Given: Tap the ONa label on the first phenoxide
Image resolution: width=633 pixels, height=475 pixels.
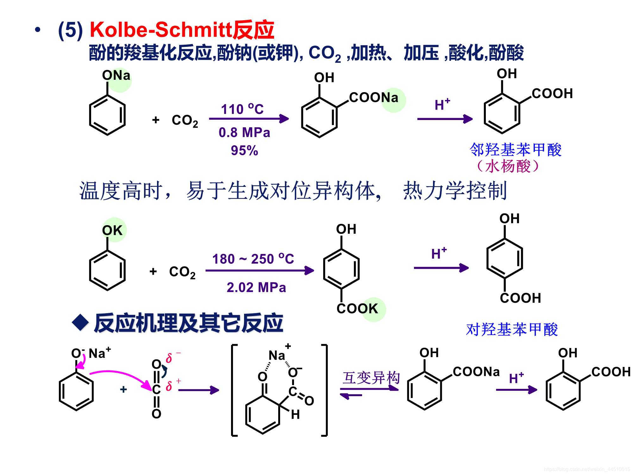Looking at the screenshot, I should [116, 76].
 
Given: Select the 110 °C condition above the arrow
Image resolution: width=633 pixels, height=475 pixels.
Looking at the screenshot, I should [242, 109].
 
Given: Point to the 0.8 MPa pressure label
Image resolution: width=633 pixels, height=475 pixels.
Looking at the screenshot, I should [244, 133].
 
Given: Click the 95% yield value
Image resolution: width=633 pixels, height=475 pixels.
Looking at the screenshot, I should [244, 150].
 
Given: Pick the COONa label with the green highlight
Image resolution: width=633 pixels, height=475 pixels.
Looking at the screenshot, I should [373, 98].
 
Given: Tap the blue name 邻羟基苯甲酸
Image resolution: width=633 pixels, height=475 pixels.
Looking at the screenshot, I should [516, 150].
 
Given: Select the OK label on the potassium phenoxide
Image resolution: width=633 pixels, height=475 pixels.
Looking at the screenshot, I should [112, 231].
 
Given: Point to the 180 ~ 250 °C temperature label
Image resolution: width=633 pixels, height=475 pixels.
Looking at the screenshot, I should [253, 259].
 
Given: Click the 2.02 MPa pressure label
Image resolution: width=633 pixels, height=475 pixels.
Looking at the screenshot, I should [256, 288].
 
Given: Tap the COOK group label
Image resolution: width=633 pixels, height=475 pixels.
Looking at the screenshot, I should [357, 308].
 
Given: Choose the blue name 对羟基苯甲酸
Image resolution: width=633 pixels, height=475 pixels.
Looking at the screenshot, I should [512, 330].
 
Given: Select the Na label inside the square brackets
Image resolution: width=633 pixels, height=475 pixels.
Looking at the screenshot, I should [277, 356].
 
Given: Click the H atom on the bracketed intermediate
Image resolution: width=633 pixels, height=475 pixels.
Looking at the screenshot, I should [295, 415].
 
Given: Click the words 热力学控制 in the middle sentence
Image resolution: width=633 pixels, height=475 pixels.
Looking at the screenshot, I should [455, 191].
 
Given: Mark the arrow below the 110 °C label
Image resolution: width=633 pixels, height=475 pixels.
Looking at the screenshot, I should [249, 119].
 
